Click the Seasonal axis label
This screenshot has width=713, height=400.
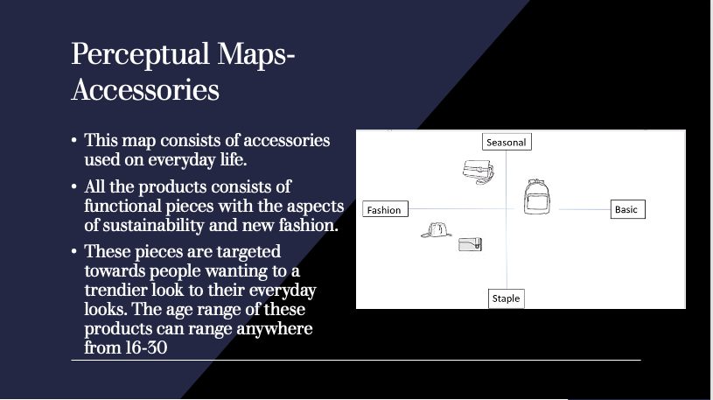[x=507, y=142]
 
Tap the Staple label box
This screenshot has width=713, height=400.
[x=507, y=298]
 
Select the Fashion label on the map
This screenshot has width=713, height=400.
[x=385, y=209]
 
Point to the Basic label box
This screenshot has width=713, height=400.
[x=627, y=209]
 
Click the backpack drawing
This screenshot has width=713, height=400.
[x=536, y=197]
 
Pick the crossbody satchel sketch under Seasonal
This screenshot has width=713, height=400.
[x=478, y=172]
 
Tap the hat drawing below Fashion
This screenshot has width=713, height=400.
[x=436, y=230]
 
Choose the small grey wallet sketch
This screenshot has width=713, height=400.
[x=470, y=244]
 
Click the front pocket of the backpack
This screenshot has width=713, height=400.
[x=536, y=202]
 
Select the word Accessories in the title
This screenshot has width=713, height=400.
[x=145, y=89]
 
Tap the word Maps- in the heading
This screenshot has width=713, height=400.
[x=256, y=54]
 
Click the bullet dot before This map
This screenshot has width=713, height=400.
[x=74, y=141]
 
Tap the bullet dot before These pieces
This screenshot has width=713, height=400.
[x=74, y=252]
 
